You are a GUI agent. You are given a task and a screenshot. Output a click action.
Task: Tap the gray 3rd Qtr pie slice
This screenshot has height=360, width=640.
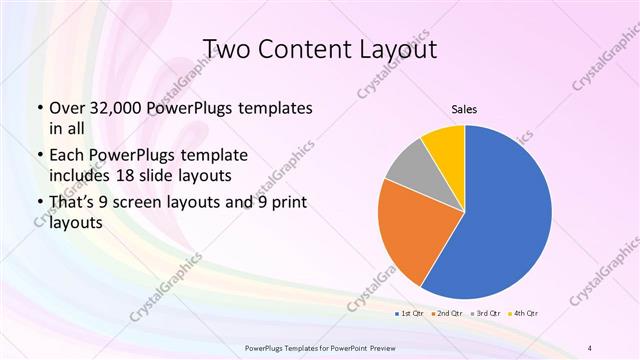click(407, 170)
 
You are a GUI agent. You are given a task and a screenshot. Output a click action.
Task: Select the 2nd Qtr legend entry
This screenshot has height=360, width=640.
click(445, 314)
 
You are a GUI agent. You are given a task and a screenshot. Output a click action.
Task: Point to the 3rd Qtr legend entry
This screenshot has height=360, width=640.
click(484, 314)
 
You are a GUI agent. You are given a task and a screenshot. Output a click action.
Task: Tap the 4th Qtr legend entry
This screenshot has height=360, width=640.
click(522, 314)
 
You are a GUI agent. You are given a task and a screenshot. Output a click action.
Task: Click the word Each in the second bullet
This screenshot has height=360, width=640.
click(67, 156)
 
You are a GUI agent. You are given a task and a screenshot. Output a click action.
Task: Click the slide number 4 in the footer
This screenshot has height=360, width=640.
click(590, 346)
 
